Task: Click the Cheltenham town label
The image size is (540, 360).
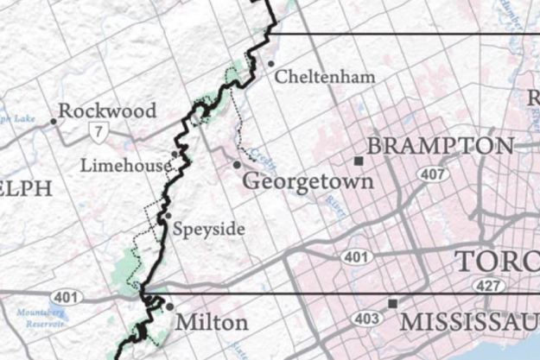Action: pos(325,78)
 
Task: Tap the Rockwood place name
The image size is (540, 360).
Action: pos(108,111)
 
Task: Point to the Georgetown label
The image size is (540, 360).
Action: pos(308,182)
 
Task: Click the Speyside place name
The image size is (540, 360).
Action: pos(208,230)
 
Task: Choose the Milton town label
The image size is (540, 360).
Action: pos(212,323)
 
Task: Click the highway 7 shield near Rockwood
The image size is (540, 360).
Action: pos(101,131)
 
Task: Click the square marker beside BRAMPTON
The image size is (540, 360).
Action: pos(358,161)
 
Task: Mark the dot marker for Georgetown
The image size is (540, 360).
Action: pos(236,164)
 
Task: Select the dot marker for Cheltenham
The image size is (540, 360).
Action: pos(270,64)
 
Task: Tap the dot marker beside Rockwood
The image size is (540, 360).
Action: pos(53,121)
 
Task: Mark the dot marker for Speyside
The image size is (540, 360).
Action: pos(168,216)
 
